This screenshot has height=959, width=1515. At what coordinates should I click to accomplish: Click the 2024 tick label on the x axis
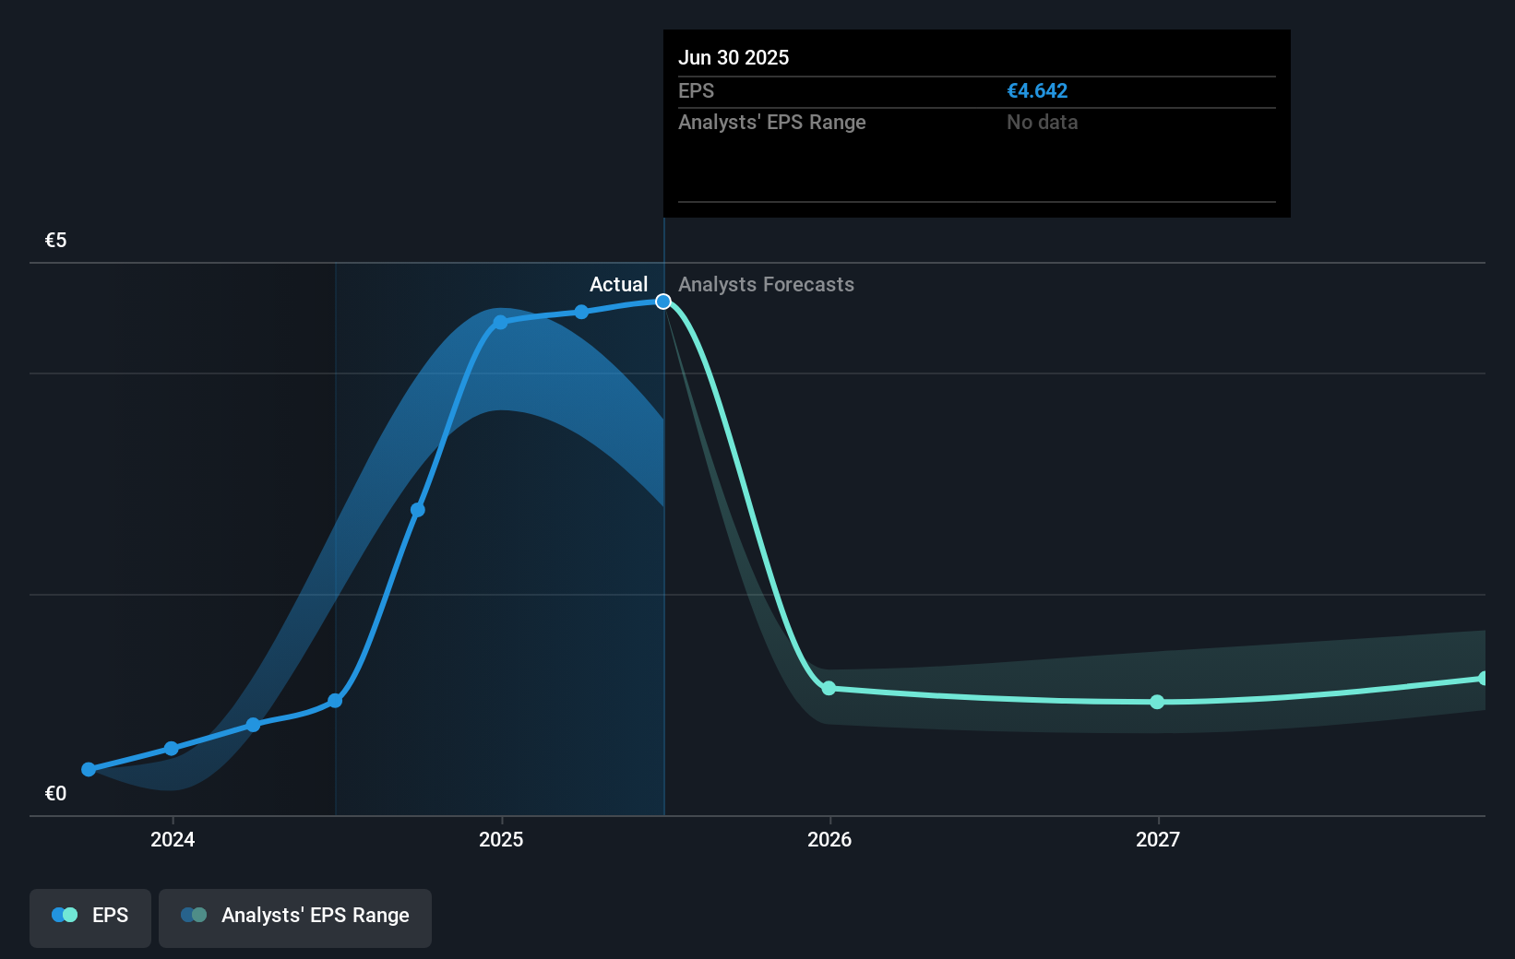(x=173, y=839)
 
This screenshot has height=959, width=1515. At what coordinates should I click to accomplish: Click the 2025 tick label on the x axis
(x=501, y=839)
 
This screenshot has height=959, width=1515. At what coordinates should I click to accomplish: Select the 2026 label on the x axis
(x=829, y=839)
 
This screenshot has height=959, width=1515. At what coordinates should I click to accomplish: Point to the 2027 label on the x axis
(x=1158, y=839)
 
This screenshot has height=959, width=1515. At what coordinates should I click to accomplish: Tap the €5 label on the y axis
(x=56, y=241)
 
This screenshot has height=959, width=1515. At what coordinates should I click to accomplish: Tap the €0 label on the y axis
(x=56, y=793)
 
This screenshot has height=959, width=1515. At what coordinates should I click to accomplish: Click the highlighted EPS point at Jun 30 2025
(x=663, y=302)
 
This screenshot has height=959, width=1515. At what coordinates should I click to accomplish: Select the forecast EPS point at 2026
(x=829, y=688)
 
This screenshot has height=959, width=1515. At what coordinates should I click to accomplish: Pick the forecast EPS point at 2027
(x=1157, y=702)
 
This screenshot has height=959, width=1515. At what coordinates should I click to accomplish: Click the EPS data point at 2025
(x=500, y=322)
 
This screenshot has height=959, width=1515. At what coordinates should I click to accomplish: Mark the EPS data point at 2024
(x=171, y=748)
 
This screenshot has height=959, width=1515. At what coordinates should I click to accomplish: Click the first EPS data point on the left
(x=89, y=769)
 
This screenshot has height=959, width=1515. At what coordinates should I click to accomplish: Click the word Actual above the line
(x=618, y=285)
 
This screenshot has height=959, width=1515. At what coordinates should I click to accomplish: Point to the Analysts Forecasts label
(x=766, y=285)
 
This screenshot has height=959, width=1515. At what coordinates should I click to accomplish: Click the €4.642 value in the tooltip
(x=1037, y=91)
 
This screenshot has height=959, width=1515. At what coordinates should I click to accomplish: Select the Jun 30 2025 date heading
(x=734, y=58)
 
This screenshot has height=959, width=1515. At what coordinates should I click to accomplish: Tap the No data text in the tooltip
(x=1042, y=123)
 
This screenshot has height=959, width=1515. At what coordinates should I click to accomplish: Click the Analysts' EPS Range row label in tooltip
(x=772, y=123)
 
